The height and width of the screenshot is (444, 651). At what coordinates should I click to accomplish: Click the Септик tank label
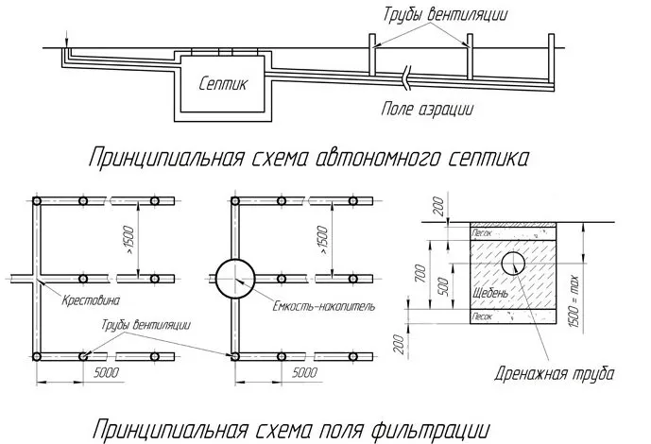pos(223,84)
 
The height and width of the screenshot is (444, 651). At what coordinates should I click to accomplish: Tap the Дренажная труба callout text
pos(555,374)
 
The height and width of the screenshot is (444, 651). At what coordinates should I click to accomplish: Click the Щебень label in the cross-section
pos(490,294)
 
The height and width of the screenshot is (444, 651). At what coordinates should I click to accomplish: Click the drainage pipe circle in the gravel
pos(514,262)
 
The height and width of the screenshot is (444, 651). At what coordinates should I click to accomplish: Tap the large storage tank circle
pos(236,279)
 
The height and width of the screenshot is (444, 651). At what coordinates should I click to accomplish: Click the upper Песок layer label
pos(482,231)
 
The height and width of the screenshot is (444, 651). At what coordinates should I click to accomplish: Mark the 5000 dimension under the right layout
pos(305,375)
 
